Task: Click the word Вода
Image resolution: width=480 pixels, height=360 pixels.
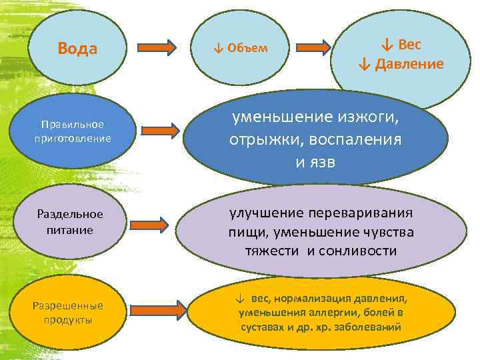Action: (x=77, y=49)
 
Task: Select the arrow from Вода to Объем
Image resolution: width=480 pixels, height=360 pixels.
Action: (x=157, y=47)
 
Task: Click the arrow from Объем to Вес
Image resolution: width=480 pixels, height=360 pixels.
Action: (x=313, y=47)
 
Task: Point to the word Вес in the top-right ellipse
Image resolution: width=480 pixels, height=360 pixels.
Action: (x=410, y=45)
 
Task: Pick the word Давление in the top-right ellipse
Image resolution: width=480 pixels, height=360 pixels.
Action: (x=409, y=64)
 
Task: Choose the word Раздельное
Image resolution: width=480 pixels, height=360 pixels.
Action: (x=70, y=214)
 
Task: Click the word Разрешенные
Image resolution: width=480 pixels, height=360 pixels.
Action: (x=68, y=306)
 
